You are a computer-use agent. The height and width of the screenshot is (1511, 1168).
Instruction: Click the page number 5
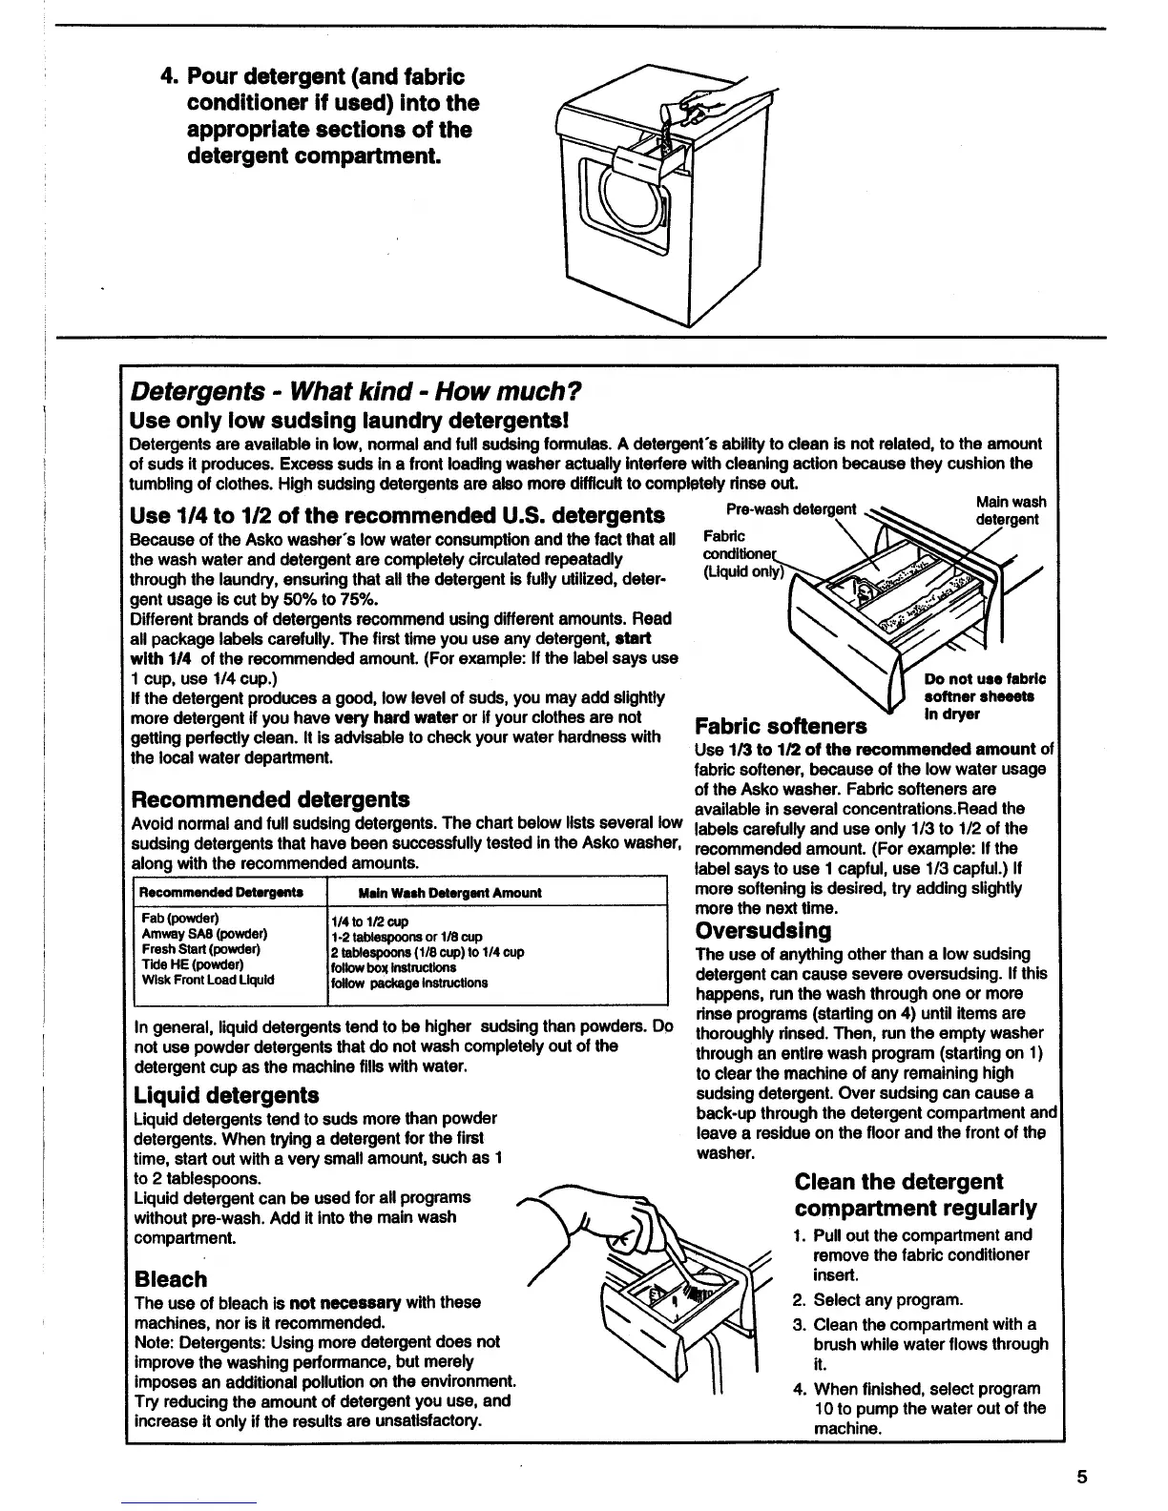(x=1081, y=1478)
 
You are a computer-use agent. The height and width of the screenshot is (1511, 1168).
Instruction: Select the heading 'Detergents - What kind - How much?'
(x=355, y=391)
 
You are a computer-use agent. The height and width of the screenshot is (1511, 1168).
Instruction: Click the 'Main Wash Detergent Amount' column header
(x=449, y=893)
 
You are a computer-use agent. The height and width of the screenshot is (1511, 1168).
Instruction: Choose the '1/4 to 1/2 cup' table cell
(x=369, y=921)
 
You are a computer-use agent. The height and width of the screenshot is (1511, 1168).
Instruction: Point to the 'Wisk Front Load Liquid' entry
(x=207, y=980)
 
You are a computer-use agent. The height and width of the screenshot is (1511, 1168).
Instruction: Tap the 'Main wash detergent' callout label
(x=1010, y=510)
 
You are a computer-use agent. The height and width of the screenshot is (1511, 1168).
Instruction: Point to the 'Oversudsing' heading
(x=763, y=930)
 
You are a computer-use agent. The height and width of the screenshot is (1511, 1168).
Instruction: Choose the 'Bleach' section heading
(x=171, y=1279)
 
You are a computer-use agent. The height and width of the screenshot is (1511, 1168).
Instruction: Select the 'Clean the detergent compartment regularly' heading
(x=914, y=1195)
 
